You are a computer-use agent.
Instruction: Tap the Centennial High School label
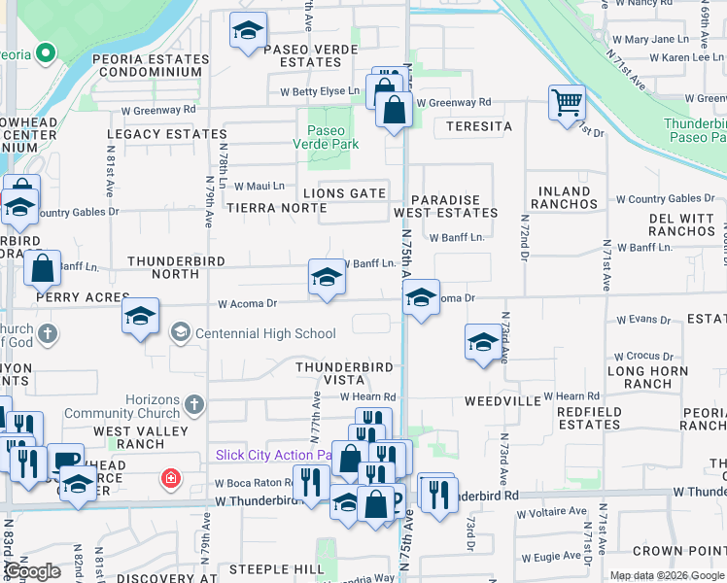(x=265, y=334)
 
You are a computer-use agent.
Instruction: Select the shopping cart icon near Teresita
(x=567, y=101)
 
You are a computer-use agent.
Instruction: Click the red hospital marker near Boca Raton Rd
(x=171, y=478)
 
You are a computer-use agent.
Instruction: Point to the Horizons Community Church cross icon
(x=194, y=402)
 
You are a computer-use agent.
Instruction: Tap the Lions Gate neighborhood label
(x=344, y=193)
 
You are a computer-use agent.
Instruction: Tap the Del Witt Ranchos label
(x=681, y=224)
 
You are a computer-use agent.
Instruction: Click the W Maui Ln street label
(x=258, y=186)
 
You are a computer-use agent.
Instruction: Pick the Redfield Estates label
(x=589, y=418)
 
